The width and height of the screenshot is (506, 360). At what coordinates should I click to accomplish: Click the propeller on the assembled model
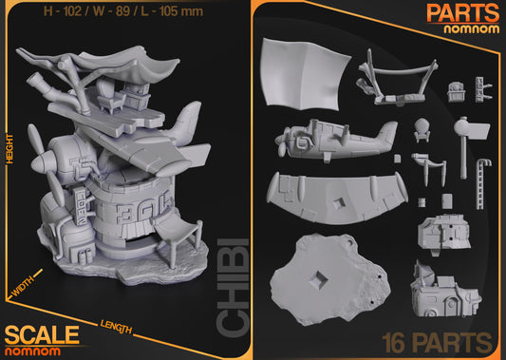click(50, 180)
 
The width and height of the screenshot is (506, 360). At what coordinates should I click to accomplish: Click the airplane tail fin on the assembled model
click(187, 121)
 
